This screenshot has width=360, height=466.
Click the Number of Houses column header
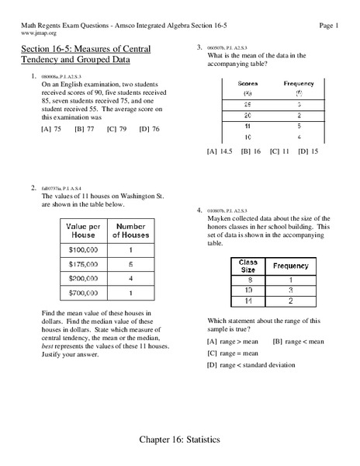[130, 230]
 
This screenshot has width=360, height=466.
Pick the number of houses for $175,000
[130, 264]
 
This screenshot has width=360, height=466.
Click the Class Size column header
[248, 266]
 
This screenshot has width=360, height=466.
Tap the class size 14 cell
[248, 300]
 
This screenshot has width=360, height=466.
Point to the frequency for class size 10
[291, 289]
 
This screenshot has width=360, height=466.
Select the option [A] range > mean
[234, 341]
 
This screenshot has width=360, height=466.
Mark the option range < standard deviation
[256, 365]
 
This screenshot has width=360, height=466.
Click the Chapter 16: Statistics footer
[179, 440]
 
